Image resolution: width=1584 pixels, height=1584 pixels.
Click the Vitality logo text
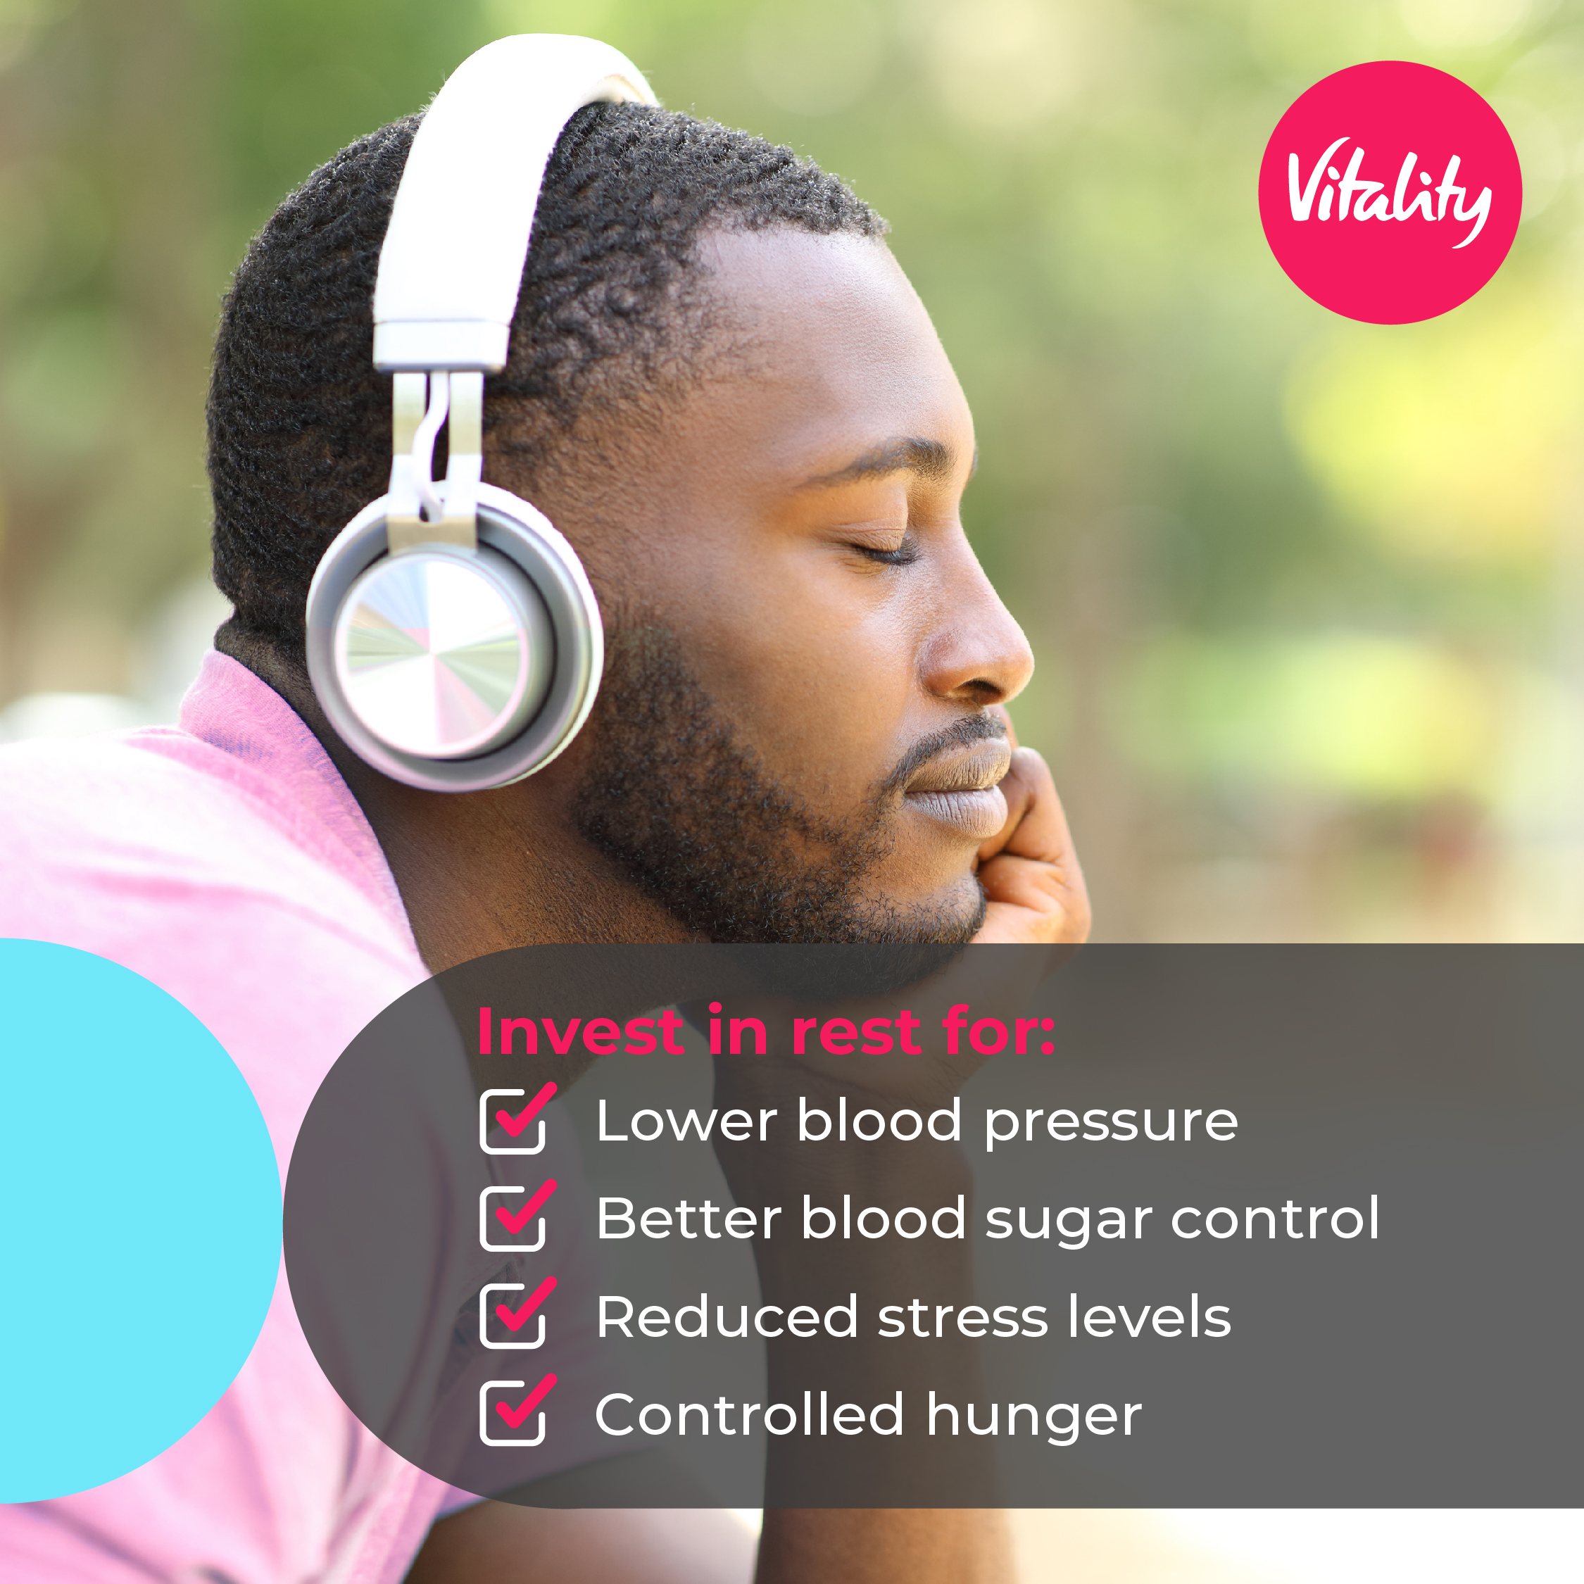(1389, 192)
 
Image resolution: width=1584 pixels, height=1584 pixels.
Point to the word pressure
(1111, 1125)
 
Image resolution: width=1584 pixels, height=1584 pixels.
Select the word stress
(963, 1318)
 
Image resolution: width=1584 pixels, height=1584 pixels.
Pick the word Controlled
(749, 1414)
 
